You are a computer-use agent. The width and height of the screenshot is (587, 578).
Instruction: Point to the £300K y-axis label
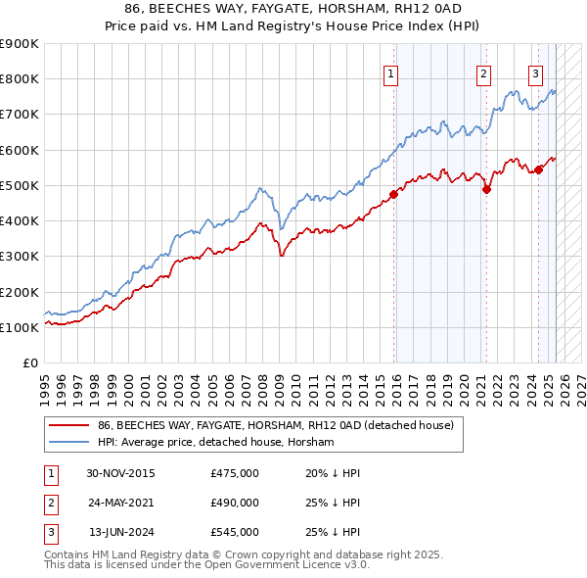20,257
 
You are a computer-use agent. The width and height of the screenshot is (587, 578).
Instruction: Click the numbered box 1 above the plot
391,72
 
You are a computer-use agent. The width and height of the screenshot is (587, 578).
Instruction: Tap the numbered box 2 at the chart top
483,72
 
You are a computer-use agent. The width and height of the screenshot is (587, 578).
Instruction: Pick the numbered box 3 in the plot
535,72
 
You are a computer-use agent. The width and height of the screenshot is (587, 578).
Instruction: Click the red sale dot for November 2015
394,194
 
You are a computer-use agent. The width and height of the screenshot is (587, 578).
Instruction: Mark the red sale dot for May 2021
486,189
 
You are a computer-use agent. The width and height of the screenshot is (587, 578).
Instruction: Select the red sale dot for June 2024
538,169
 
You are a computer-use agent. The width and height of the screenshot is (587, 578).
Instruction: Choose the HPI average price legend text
216,443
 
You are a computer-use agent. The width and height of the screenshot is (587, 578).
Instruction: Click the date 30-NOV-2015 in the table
120,474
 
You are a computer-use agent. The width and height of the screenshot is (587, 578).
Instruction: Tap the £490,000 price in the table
235,503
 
